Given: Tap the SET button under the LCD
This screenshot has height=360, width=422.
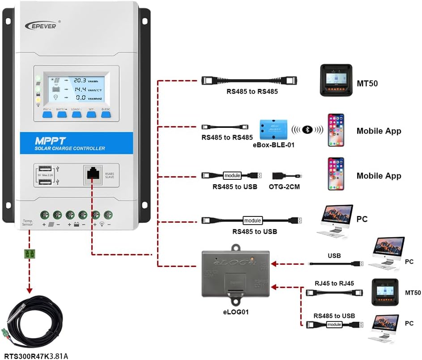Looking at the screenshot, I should coord(91,114).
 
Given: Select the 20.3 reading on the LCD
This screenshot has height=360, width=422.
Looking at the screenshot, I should coord(80,80).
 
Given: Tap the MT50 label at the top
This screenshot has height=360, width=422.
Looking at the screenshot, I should coord(368,83).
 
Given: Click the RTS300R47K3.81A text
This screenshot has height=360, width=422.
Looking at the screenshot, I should coord(34,356).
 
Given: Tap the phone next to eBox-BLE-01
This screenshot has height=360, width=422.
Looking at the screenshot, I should coord(336,130).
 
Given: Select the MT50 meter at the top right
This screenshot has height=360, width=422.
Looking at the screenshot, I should coord(336,80).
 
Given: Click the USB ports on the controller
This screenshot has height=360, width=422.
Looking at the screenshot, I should coord(50,175).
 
